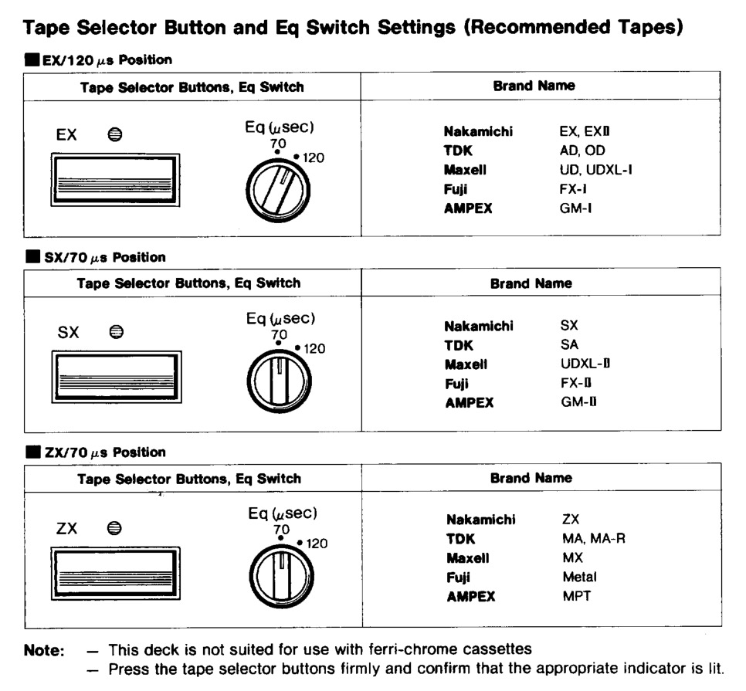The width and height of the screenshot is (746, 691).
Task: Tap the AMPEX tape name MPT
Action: click(x=577, y=596)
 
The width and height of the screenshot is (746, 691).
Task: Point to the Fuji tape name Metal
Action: click(x=579, y=577)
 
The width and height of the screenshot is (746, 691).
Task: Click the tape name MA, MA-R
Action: click(x=594, y=538)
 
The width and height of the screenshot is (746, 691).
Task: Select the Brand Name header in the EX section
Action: click(x=534, y=86)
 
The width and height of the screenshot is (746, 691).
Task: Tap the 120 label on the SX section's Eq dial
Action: click(x=314, y=349)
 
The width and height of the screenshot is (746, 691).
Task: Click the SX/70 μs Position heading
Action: click(x=104, y=257)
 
